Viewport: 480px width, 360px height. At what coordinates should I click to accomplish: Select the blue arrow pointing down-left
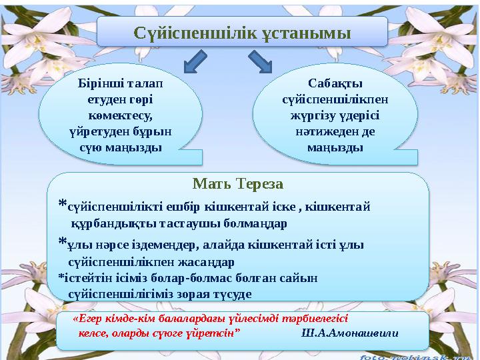coord(195,63)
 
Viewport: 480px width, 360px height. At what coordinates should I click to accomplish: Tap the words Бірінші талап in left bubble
coord(120,85)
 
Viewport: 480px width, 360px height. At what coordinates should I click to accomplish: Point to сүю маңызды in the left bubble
coord(120,146)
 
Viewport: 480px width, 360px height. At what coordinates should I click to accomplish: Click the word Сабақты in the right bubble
coord(335,84)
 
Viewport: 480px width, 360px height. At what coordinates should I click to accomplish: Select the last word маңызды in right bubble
coord(335,146)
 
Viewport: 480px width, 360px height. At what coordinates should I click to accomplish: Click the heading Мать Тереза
coord(238,183)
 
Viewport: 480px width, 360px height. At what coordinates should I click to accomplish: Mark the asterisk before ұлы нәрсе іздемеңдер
coord(62,242)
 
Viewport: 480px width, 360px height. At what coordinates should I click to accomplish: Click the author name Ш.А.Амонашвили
coord(350,333)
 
